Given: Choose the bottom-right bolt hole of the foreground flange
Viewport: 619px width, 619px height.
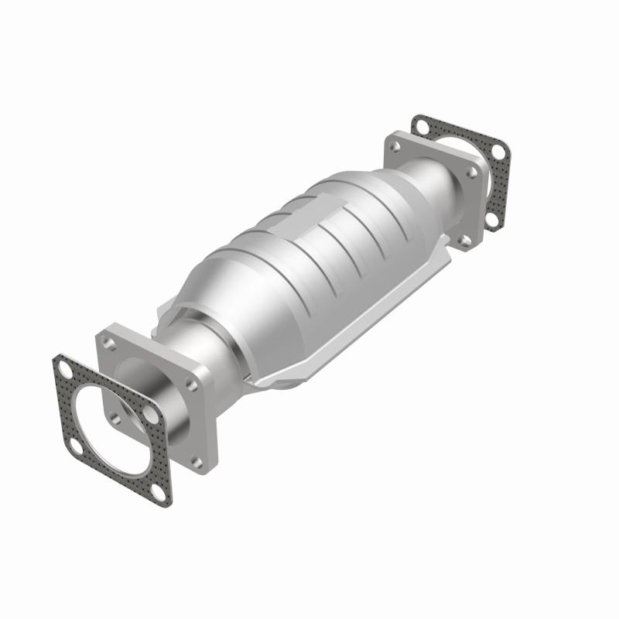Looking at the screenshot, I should (x=197, y=462).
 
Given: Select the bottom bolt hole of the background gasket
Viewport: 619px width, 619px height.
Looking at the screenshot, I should (x=491, y=220).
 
